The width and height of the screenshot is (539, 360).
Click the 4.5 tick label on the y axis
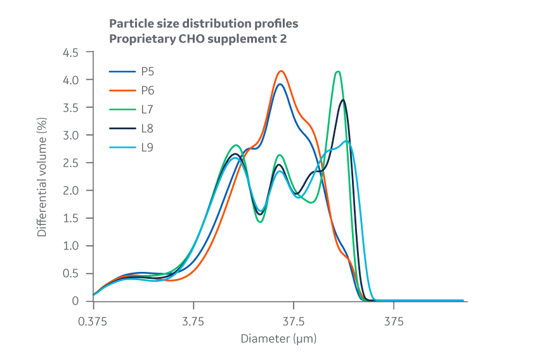point(70,53)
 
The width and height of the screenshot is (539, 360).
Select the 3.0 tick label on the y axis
point(70,136)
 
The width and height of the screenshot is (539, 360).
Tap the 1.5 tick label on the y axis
point(70,218)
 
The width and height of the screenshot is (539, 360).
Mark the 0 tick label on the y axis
point(75,301)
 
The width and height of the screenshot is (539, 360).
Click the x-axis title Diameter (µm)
point(278,338)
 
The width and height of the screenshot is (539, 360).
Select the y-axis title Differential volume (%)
point(42,177)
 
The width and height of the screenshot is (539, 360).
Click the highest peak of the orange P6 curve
point(281,71)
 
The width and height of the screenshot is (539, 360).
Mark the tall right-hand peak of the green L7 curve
point(338,72)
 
